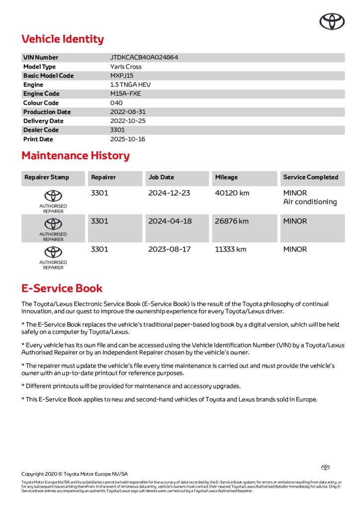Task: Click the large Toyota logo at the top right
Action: [332, 21]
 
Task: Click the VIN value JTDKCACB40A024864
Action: [144, 58]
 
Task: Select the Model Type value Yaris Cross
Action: [126, 67]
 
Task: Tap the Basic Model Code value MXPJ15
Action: [122, 76]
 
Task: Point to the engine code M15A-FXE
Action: [126, 93]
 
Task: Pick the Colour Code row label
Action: [41, 103]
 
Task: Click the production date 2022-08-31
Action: [128, 112]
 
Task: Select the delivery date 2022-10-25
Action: [128, 121]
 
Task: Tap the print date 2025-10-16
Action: [128, 139]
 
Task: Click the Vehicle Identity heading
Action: [63, 39]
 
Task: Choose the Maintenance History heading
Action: [76, 156]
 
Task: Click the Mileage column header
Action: [226, 177]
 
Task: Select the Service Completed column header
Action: [310, 177]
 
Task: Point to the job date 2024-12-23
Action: [169, 193]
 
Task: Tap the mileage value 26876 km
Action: [232, 221]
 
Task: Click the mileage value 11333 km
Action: [231, 250]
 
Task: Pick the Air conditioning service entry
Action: [310, 202]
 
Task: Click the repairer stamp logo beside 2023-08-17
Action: [53, 252]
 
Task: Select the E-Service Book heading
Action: [62, 288]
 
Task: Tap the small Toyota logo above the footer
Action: [325, 467]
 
